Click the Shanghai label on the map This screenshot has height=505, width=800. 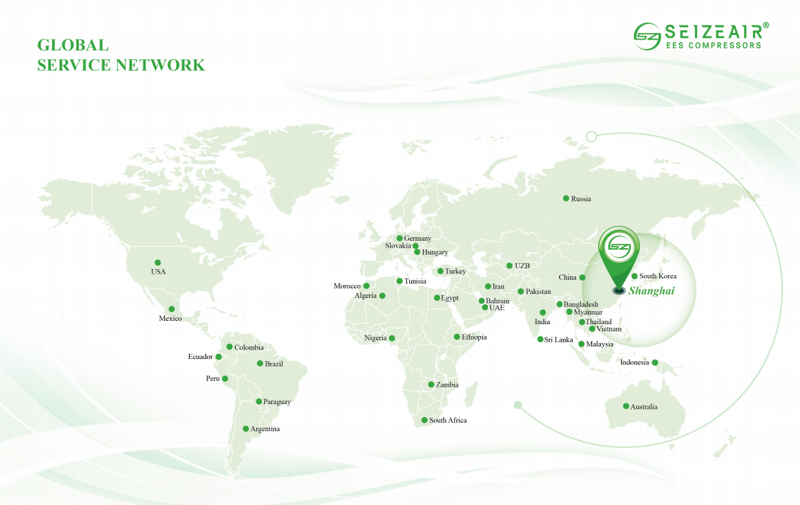point(651,291)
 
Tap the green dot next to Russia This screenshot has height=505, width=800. point(566,198)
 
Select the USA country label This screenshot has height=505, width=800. point(158,272)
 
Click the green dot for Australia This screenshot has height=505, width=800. point(626,406)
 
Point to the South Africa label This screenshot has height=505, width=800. point(448,420)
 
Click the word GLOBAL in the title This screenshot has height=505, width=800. point(73,45)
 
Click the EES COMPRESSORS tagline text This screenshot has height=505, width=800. point(713,46)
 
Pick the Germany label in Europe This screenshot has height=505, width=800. point(418,238)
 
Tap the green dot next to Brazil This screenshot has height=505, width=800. point(260,364)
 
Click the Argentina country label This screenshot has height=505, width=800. point(265,428)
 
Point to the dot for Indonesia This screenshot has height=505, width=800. point(655,363)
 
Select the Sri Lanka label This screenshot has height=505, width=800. point(558,340)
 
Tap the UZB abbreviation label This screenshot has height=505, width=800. point(522,266)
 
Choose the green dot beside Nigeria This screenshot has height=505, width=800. point(392,338)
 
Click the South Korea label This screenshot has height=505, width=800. point(658,276)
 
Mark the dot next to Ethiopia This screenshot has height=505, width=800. point(457,337)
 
